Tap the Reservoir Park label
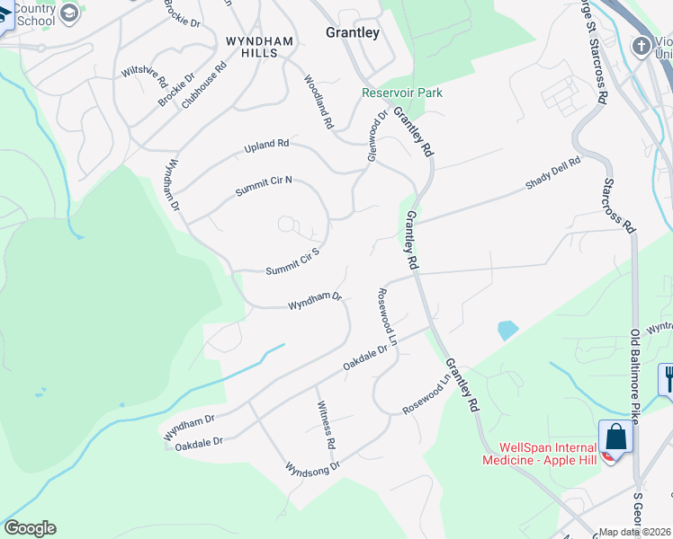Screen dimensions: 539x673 (402, 93)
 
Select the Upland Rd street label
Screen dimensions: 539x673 (266, 145)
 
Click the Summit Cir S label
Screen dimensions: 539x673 (293, 262)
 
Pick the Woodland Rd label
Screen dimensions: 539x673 (319, 100)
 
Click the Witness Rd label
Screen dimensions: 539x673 (326, 426)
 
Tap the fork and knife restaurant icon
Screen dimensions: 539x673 (667, 378)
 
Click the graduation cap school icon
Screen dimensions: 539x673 (67, 13)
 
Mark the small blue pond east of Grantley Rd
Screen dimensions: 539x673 (507, 330)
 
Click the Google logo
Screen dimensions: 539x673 (30, 528)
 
